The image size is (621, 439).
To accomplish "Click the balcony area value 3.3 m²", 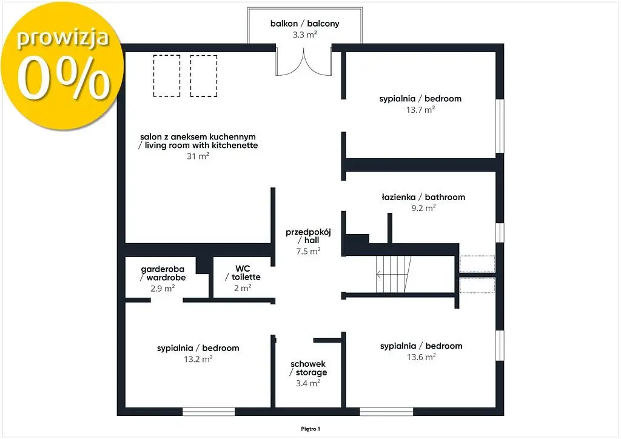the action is point(304,35).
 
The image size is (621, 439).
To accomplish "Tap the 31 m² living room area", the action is point(198,156).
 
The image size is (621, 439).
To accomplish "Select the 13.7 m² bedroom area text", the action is point(421,110).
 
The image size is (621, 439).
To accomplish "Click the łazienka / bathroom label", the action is point(423,197).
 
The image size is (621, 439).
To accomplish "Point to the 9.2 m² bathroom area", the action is point(423,208).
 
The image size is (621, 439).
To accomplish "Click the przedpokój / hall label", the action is point(308,236).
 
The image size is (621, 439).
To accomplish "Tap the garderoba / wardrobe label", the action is point(163,273).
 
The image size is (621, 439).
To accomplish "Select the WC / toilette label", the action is point(243,273).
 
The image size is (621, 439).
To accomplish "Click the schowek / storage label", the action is point(308,368).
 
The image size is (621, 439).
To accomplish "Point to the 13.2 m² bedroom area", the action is point(198,359).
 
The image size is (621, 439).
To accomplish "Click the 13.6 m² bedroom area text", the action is point(421,357).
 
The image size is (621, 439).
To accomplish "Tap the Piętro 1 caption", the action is point(310,429).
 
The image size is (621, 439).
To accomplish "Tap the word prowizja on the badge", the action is point(62,38).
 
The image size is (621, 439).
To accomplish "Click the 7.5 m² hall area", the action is point(308,251).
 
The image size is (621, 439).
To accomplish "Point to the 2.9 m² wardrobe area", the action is point(163,288).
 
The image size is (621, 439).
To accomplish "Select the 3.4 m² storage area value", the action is point(308,383).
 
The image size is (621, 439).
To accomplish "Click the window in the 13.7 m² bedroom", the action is point(500,126).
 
